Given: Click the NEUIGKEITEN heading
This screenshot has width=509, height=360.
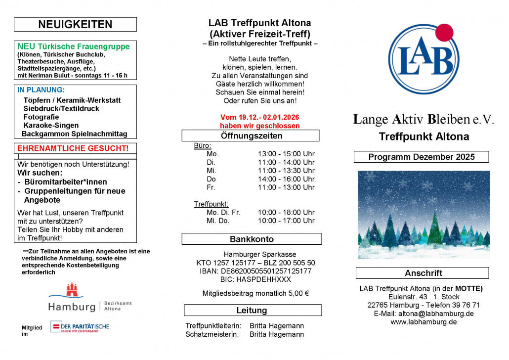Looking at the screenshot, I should click(75, 24).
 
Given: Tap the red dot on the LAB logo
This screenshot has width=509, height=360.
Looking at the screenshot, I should click(444, 32).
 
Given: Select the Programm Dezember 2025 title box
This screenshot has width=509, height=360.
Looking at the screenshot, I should click(421, 157).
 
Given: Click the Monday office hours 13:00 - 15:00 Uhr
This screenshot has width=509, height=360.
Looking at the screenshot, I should click(286, 154).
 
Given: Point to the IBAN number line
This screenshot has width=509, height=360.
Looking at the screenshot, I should click(252, 271).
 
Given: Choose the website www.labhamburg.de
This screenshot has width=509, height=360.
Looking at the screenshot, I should click(424, 322).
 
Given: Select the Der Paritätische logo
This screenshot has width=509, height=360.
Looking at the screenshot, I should click(80, 327).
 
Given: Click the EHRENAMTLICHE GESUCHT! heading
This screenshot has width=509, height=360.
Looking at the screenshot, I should click(73, 148).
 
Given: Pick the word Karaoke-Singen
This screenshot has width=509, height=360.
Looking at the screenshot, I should click(51, 126).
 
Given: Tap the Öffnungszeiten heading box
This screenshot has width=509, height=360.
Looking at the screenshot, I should click(251, 135).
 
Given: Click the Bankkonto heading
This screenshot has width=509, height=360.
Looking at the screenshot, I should click(252, 239).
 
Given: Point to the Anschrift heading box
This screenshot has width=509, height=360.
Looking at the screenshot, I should click(423, 273).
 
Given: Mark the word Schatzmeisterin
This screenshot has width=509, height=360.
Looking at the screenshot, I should click(212, 334).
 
